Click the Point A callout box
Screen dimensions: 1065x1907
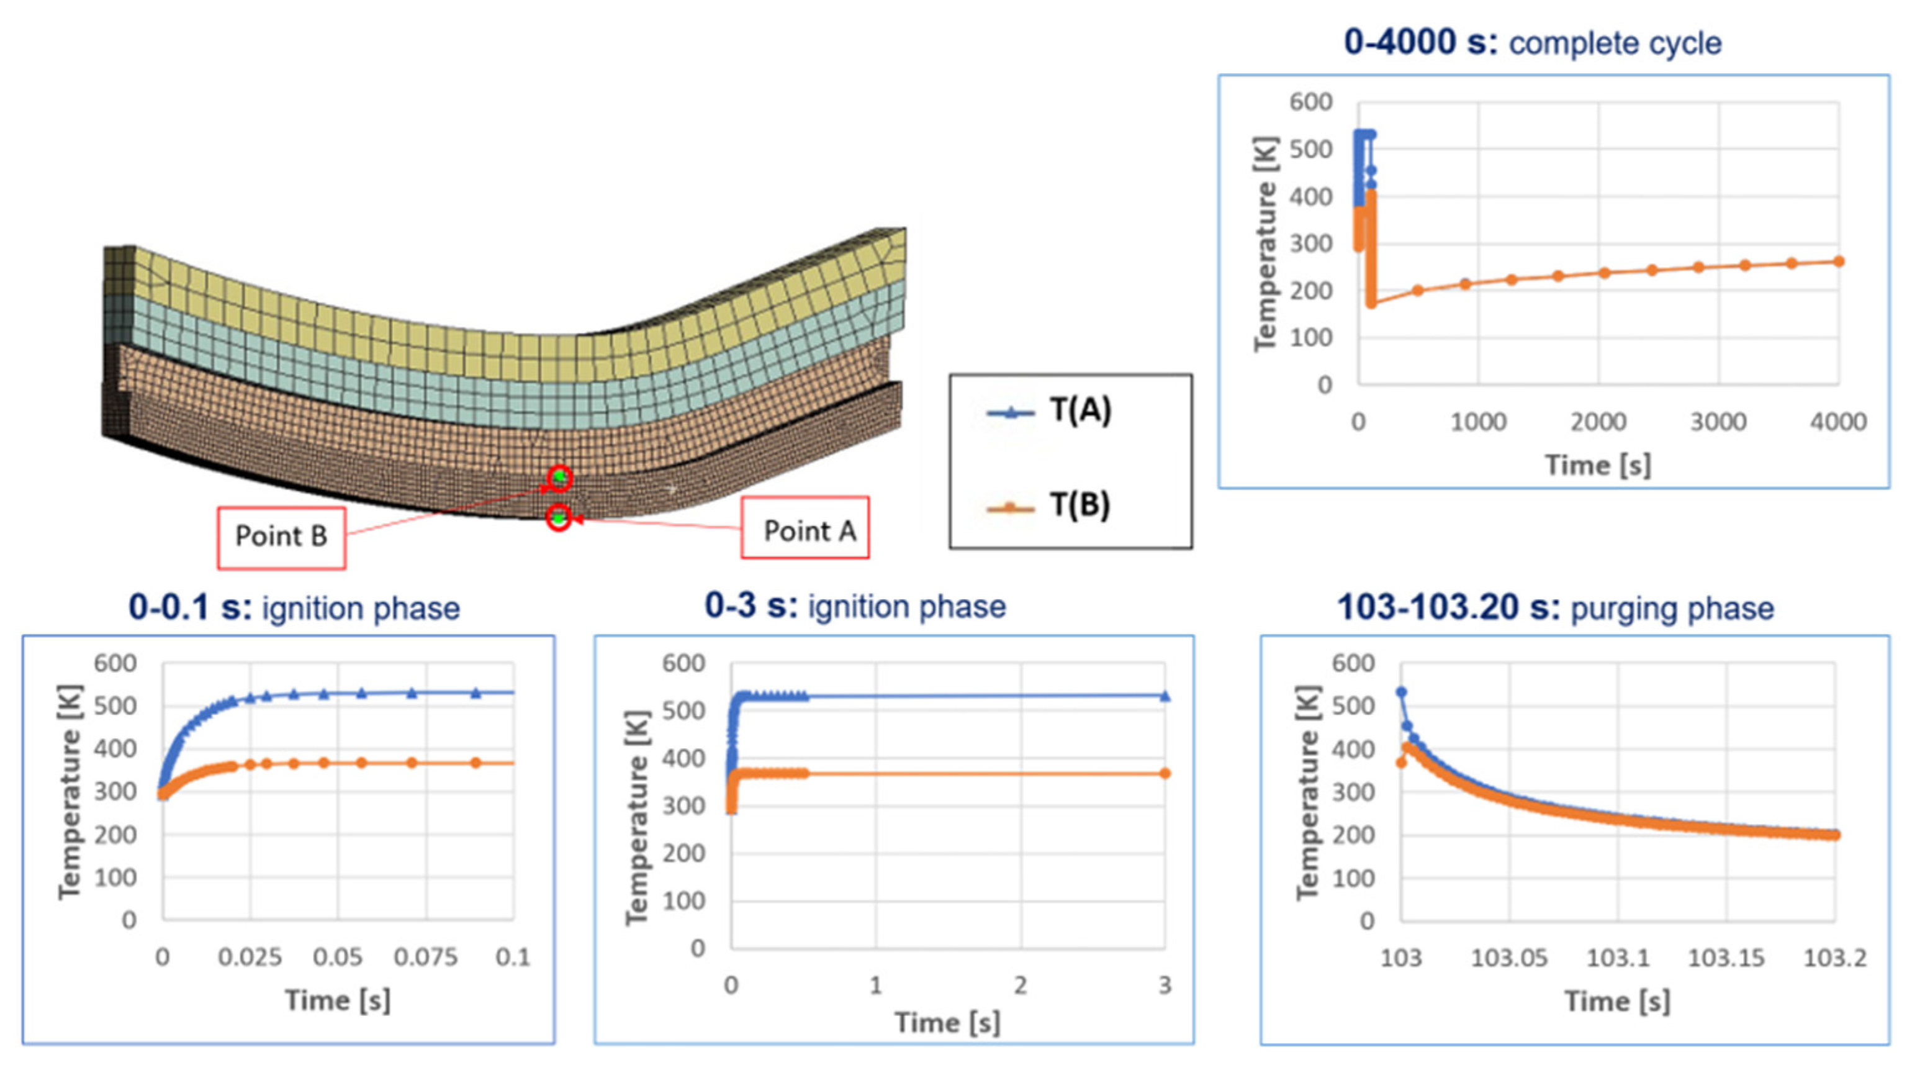[x=805, y=528]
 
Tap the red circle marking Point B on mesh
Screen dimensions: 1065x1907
[x=560, y=478]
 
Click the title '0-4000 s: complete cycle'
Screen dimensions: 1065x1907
[x=1533, y=43]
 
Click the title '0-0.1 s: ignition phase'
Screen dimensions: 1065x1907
[x=294, y=608]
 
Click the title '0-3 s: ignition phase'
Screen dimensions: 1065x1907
[x=855, y=607]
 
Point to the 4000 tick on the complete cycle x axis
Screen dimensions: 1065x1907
[x=1837, y=422]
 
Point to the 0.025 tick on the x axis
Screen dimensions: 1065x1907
[x=250, y=958]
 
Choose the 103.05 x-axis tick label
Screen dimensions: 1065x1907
[x=1508, y=958]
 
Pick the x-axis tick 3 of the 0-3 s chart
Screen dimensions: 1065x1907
[x=1165, y=986]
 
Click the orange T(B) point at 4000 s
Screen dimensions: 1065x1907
[x=1839, y=261]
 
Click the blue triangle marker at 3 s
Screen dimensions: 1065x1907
[x=1165, y=696]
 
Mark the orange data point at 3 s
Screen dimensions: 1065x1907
[x=1165, y=773]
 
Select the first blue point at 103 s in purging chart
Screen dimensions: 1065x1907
[x=1400, y=692]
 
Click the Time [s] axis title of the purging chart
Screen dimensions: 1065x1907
[x=1617, y=1002]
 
